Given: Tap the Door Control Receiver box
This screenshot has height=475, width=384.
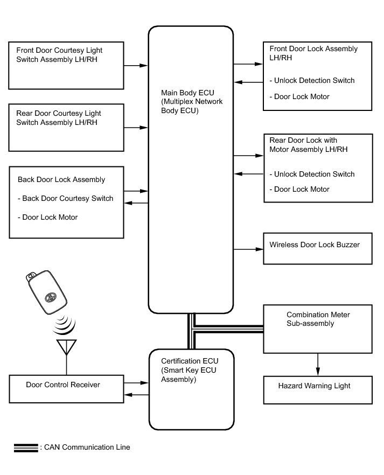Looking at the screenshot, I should [66, 388].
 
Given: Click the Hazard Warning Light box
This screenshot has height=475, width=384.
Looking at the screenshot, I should [317, 390].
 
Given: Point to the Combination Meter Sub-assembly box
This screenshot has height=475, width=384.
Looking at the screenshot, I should [317, 328].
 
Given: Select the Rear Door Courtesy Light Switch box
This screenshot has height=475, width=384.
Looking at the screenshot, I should [66, 127].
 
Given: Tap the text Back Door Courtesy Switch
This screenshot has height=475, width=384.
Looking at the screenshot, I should [68, 198].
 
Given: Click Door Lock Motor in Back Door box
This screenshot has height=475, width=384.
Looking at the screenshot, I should [50, 217].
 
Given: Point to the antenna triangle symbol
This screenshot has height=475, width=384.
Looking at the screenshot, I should [66, 347].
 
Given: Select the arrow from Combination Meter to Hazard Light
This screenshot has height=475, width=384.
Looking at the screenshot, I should [317, 364].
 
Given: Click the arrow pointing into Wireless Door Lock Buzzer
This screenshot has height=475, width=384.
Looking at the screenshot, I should [248, 249].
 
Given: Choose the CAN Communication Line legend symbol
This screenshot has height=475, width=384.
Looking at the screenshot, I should [26, 448].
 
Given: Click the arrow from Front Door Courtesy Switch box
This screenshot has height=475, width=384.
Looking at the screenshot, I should [136, 65].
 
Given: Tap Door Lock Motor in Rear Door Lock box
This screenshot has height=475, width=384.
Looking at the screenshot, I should [302, 189].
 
